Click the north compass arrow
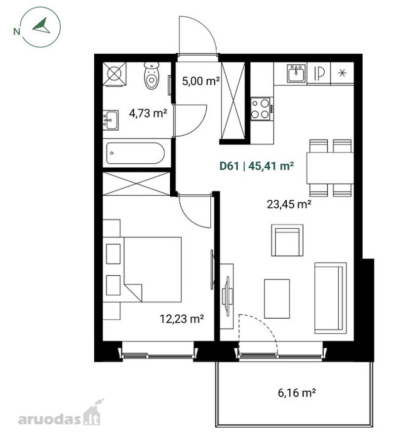click(41, 26)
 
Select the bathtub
click(135, 153)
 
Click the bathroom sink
click(111, 120)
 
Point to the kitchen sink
click(296, 74)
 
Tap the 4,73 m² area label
click(148, 113)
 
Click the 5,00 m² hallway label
click(201, 81)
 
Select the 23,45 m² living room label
click(289, 204)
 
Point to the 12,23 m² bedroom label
click(182, 319)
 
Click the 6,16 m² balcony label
click(297, 393)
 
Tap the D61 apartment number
click(229, 166)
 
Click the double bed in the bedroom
click(152, 269)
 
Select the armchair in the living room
click(287, 240)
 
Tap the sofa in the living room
click(330, 298)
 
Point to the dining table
click(330, 168)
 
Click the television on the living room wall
click(227, 296)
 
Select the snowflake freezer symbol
click(342, 73)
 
